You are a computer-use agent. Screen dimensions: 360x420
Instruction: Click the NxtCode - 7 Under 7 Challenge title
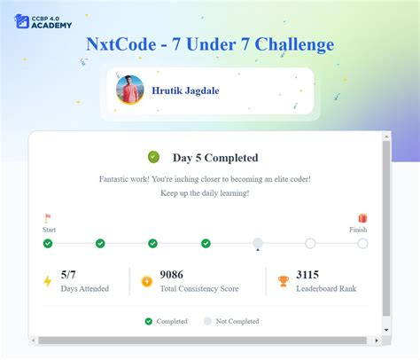(210, 44)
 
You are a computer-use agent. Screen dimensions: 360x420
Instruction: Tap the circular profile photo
(130, 90)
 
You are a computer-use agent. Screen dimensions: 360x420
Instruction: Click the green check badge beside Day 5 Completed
(153, 157)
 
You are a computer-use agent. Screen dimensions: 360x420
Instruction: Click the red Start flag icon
(48, 217)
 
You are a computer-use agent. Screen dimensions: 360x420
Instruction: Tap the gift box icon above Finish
(362, 217)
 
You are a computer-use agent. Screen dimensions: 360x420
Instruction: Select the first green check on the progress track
(48, 243)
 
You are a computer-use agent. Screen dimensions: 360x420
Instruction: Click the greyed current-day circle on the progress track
(258, 243)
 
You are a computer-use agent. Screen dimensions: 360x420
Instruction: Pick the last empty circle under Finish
(362, 243)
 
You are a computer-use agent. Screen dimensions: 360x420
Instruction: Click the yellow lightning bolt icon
(48, 281)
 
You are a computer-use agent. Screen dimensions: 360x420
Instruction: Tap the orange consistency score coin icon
(146, 281)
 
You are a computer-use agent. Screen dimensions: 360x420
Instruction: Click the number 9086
(172, 275)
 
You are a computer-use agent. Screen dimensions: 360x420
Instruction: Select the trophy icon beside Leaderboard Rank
(283, 281)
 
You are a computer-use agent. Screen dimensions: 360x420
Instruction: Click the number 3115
(308, 275)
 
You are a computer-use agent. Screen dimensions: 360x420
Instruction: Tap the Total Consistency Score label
(198, 289)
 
